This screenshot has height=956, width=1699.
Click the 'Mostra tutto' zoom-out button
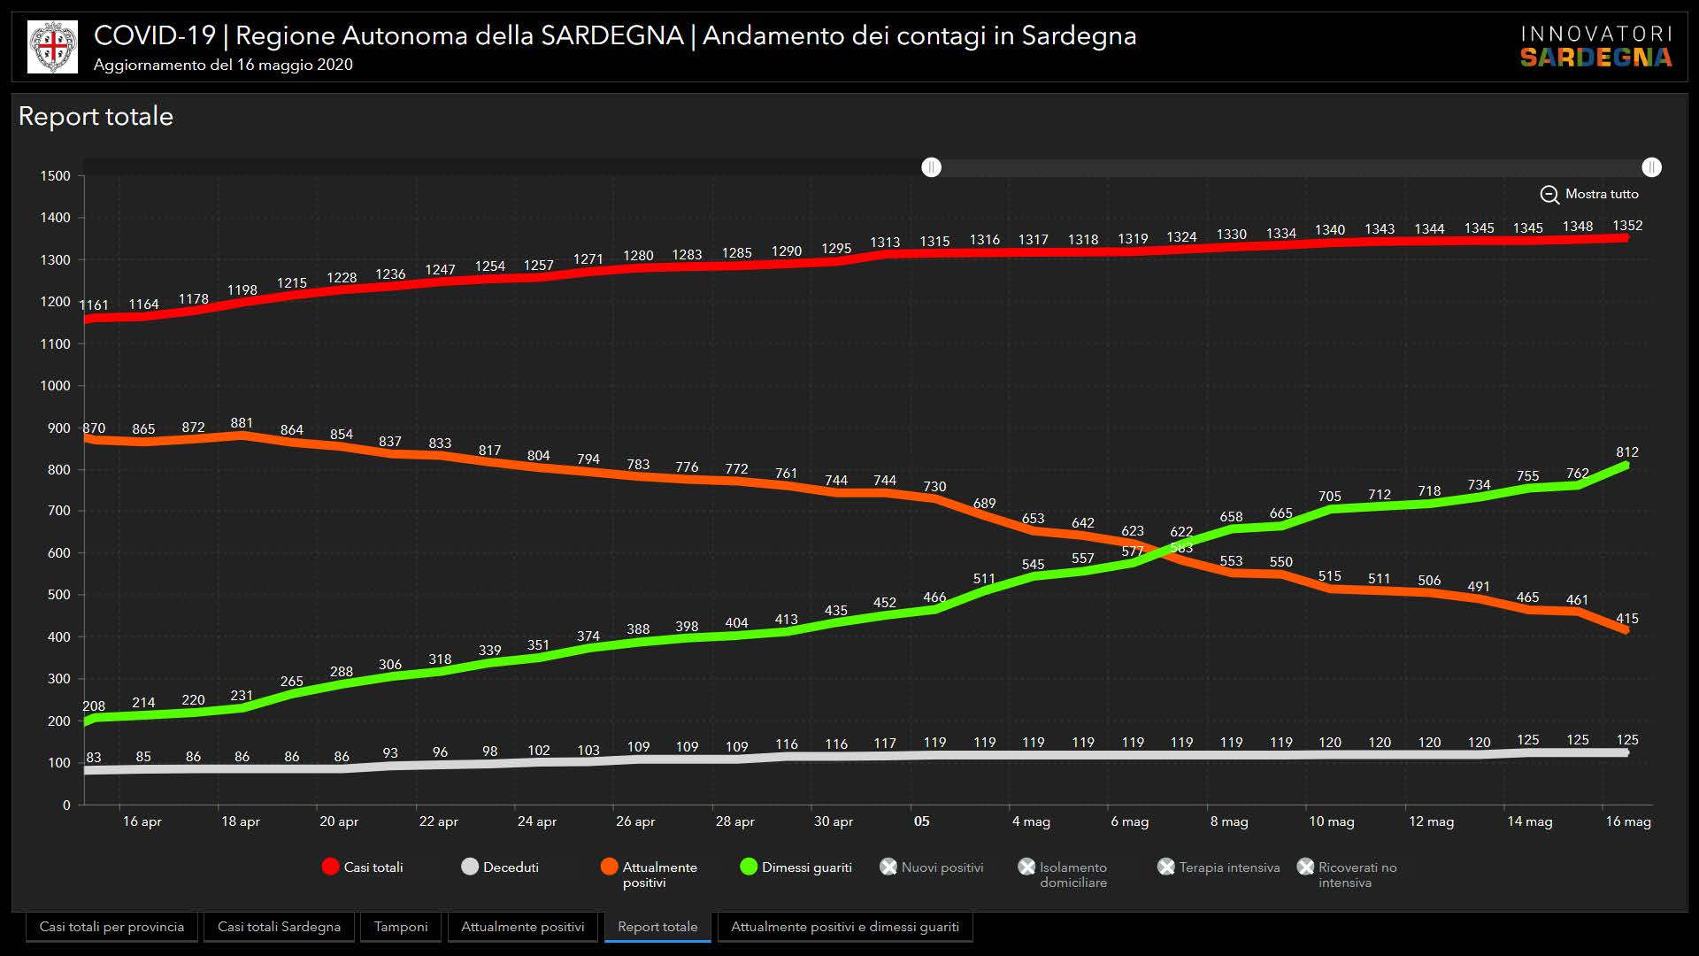point(1589,194)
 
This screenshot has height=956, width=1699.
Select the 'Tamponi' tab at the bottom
point(400,927)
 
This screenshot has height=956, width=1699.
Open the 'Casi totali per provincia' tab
point(111,927)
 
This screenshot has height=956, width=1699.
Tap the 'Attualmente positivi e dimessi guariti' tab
point(844,927)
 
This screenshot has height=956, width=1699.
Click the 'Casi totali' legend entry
point(363,867)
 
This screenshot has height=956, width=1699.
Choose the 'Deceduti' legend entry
point(500,867)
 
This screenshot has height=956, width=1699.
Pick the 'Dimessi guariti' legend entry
point(796,867)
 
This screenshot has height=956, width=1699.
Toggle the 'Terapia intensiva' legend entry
point(1219,867)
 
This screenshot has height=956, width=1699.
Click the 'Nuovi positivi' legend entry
point(932,867)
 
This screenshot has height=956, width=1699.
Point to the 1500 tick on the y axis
point(55,176)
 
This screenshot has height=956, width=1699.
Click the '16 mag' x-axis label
point(1628,821)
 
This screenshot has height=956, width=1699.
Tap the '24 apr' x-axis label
point(537,821)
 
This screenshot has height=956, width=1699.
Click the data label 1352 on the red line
point(1627,226)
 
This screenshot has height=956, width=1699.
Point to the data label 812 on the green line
point(1627,452)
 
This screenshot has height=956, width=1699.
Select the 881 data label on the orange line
point(242,423)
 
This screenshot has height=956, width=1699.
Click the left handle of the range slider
point(931,167)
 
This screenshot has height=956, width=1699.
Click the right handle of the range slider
point(1651,167)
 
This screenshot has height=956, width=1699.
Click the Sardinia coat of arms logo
point(52,47)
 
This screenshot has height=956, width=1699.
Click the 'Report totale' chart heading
point(96,116)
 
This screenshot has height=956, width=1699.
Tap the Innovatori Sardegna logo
point(1595,47)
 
